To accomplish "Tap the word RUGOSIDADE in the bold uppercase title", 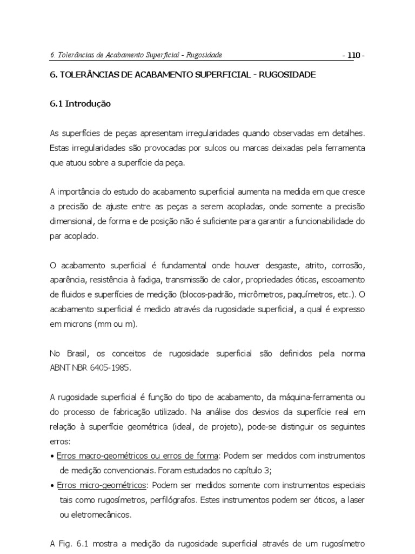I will pyautogui.click(x=286, y=75).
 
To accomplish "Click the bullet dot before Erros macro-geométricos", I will pyautogui.click(x=51, y=456).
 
